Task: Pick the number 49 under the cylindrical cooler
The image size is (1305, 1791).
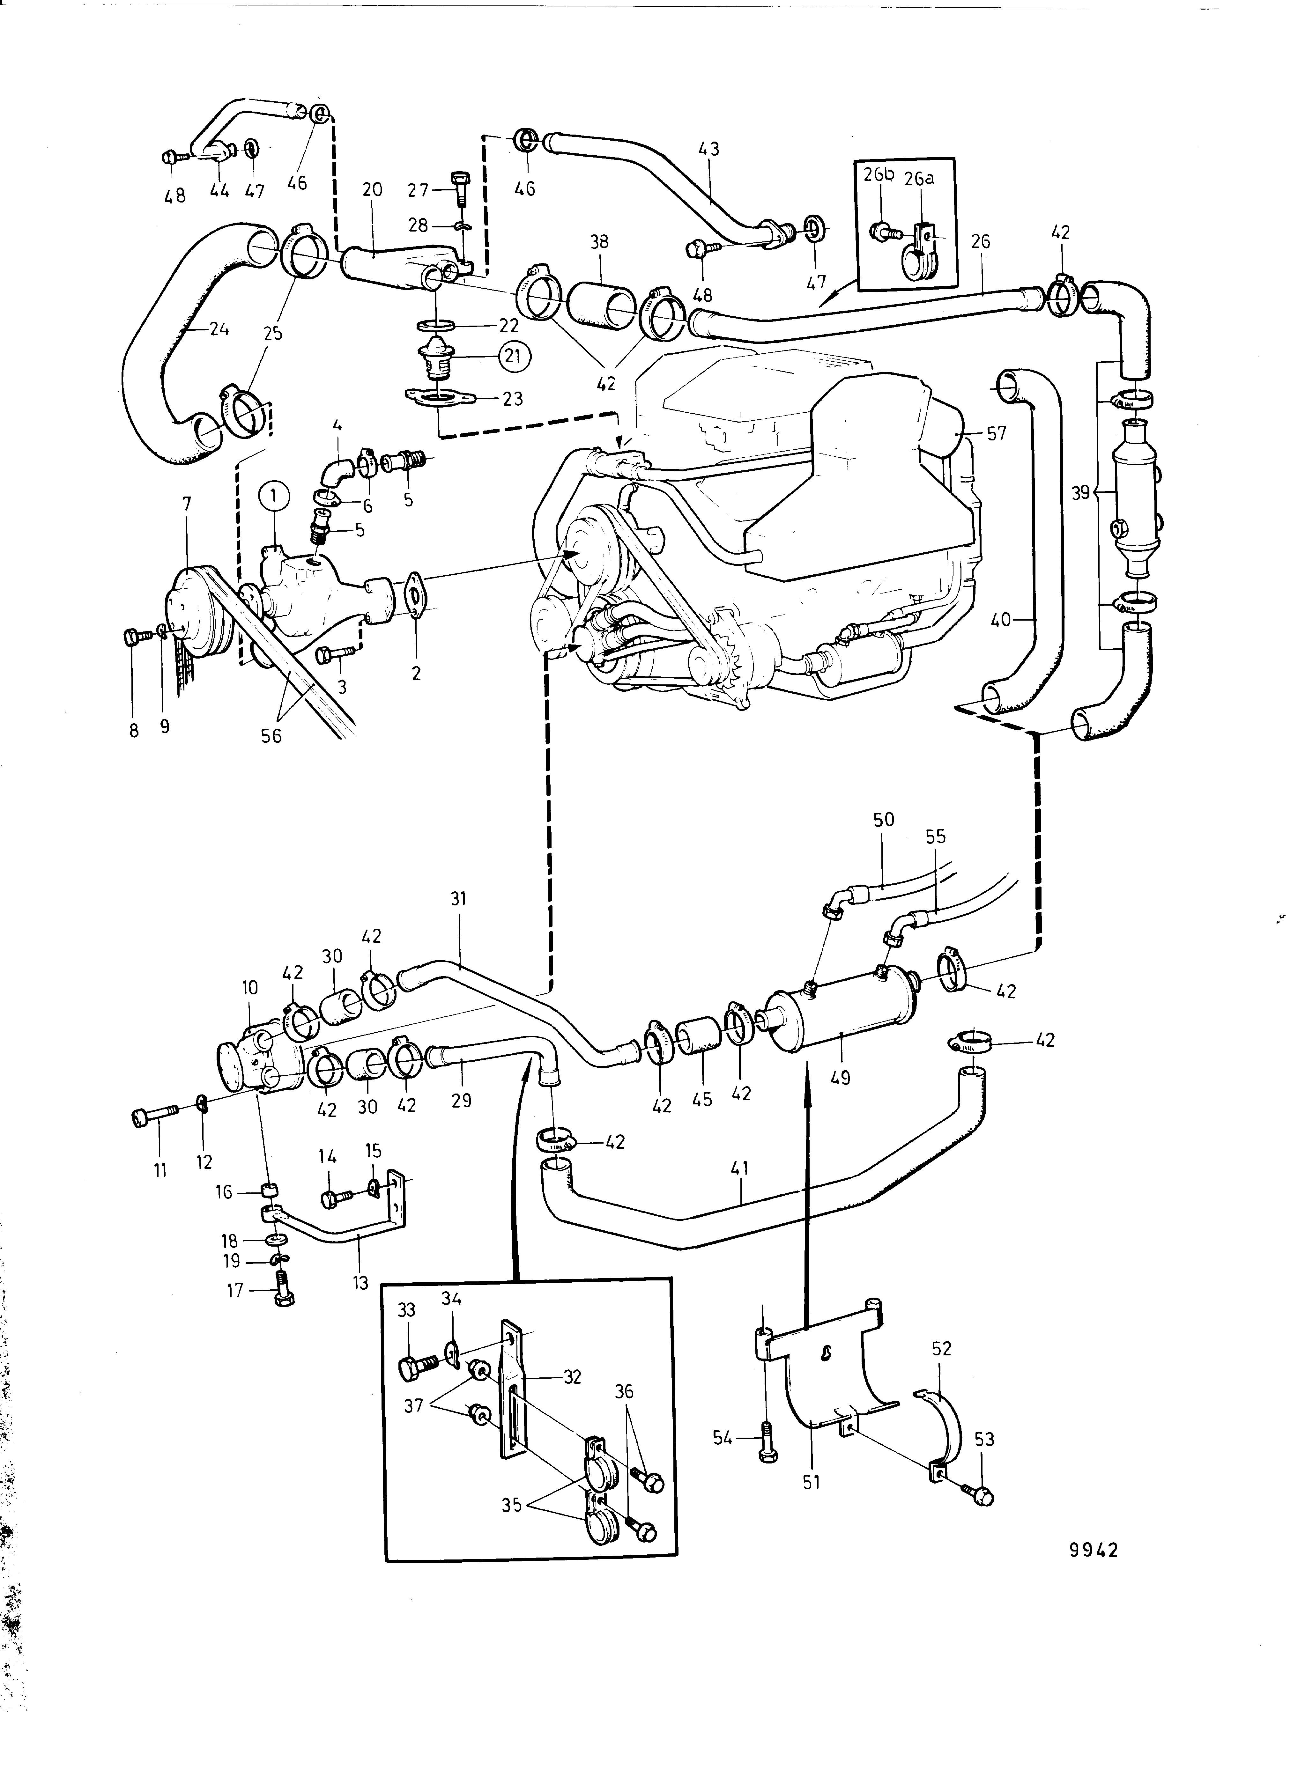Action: pos(841,1076)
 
